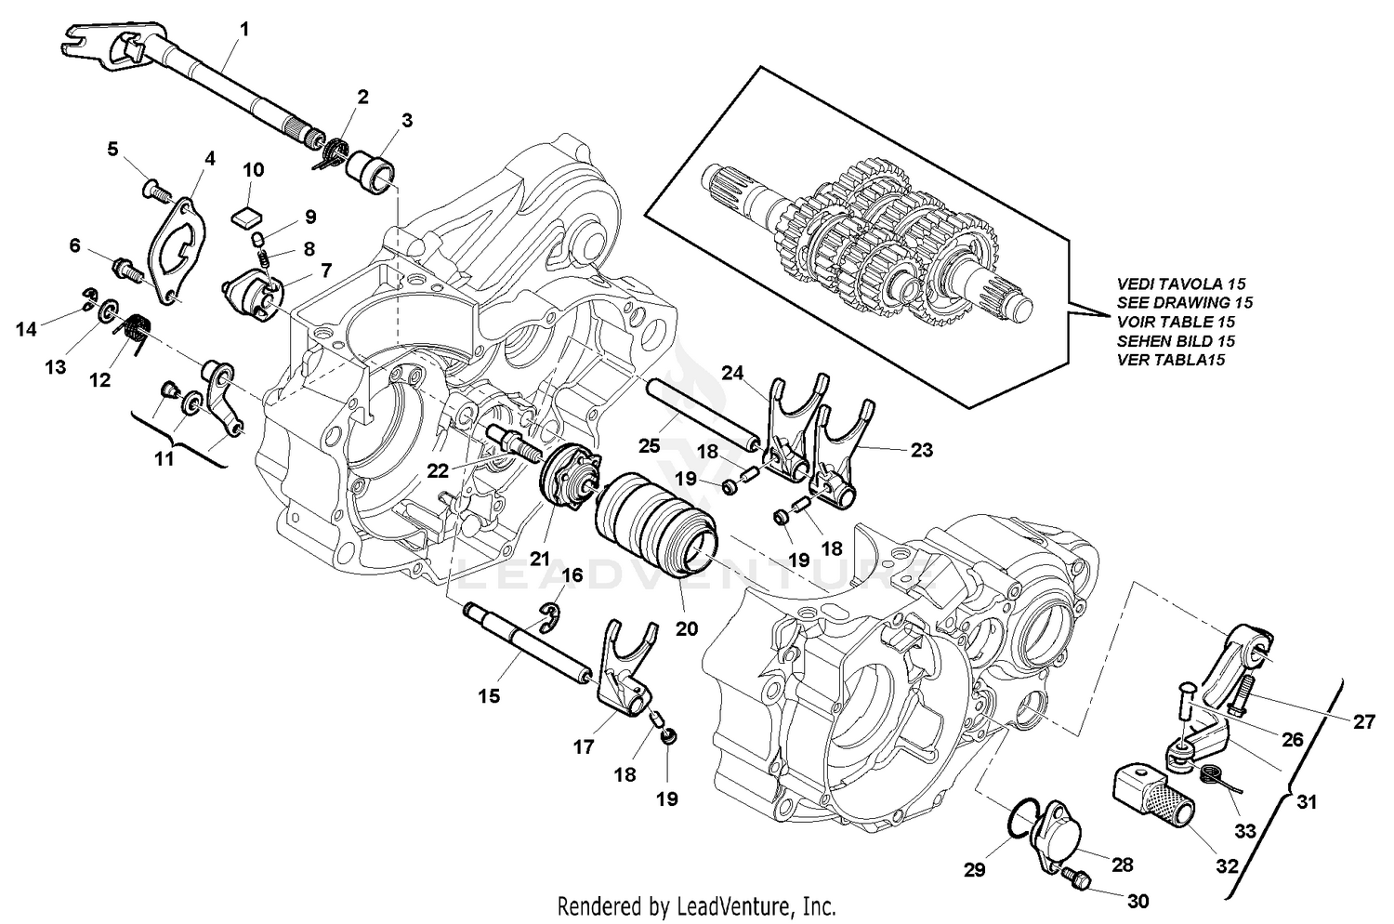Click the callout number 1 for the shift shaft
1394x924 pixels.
point(243,30)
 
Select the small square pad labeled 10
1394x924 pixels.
point(245,217)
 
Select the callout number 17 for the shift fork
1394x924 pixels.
point(583,746)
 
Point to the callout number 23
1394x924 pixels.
point(922,449)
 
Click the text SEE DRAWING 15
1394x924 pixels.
point(1185,302)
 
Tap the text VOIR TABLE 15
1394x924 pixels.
point(1177,322)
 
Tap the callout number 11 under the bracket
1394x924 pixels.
point(164,458)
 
